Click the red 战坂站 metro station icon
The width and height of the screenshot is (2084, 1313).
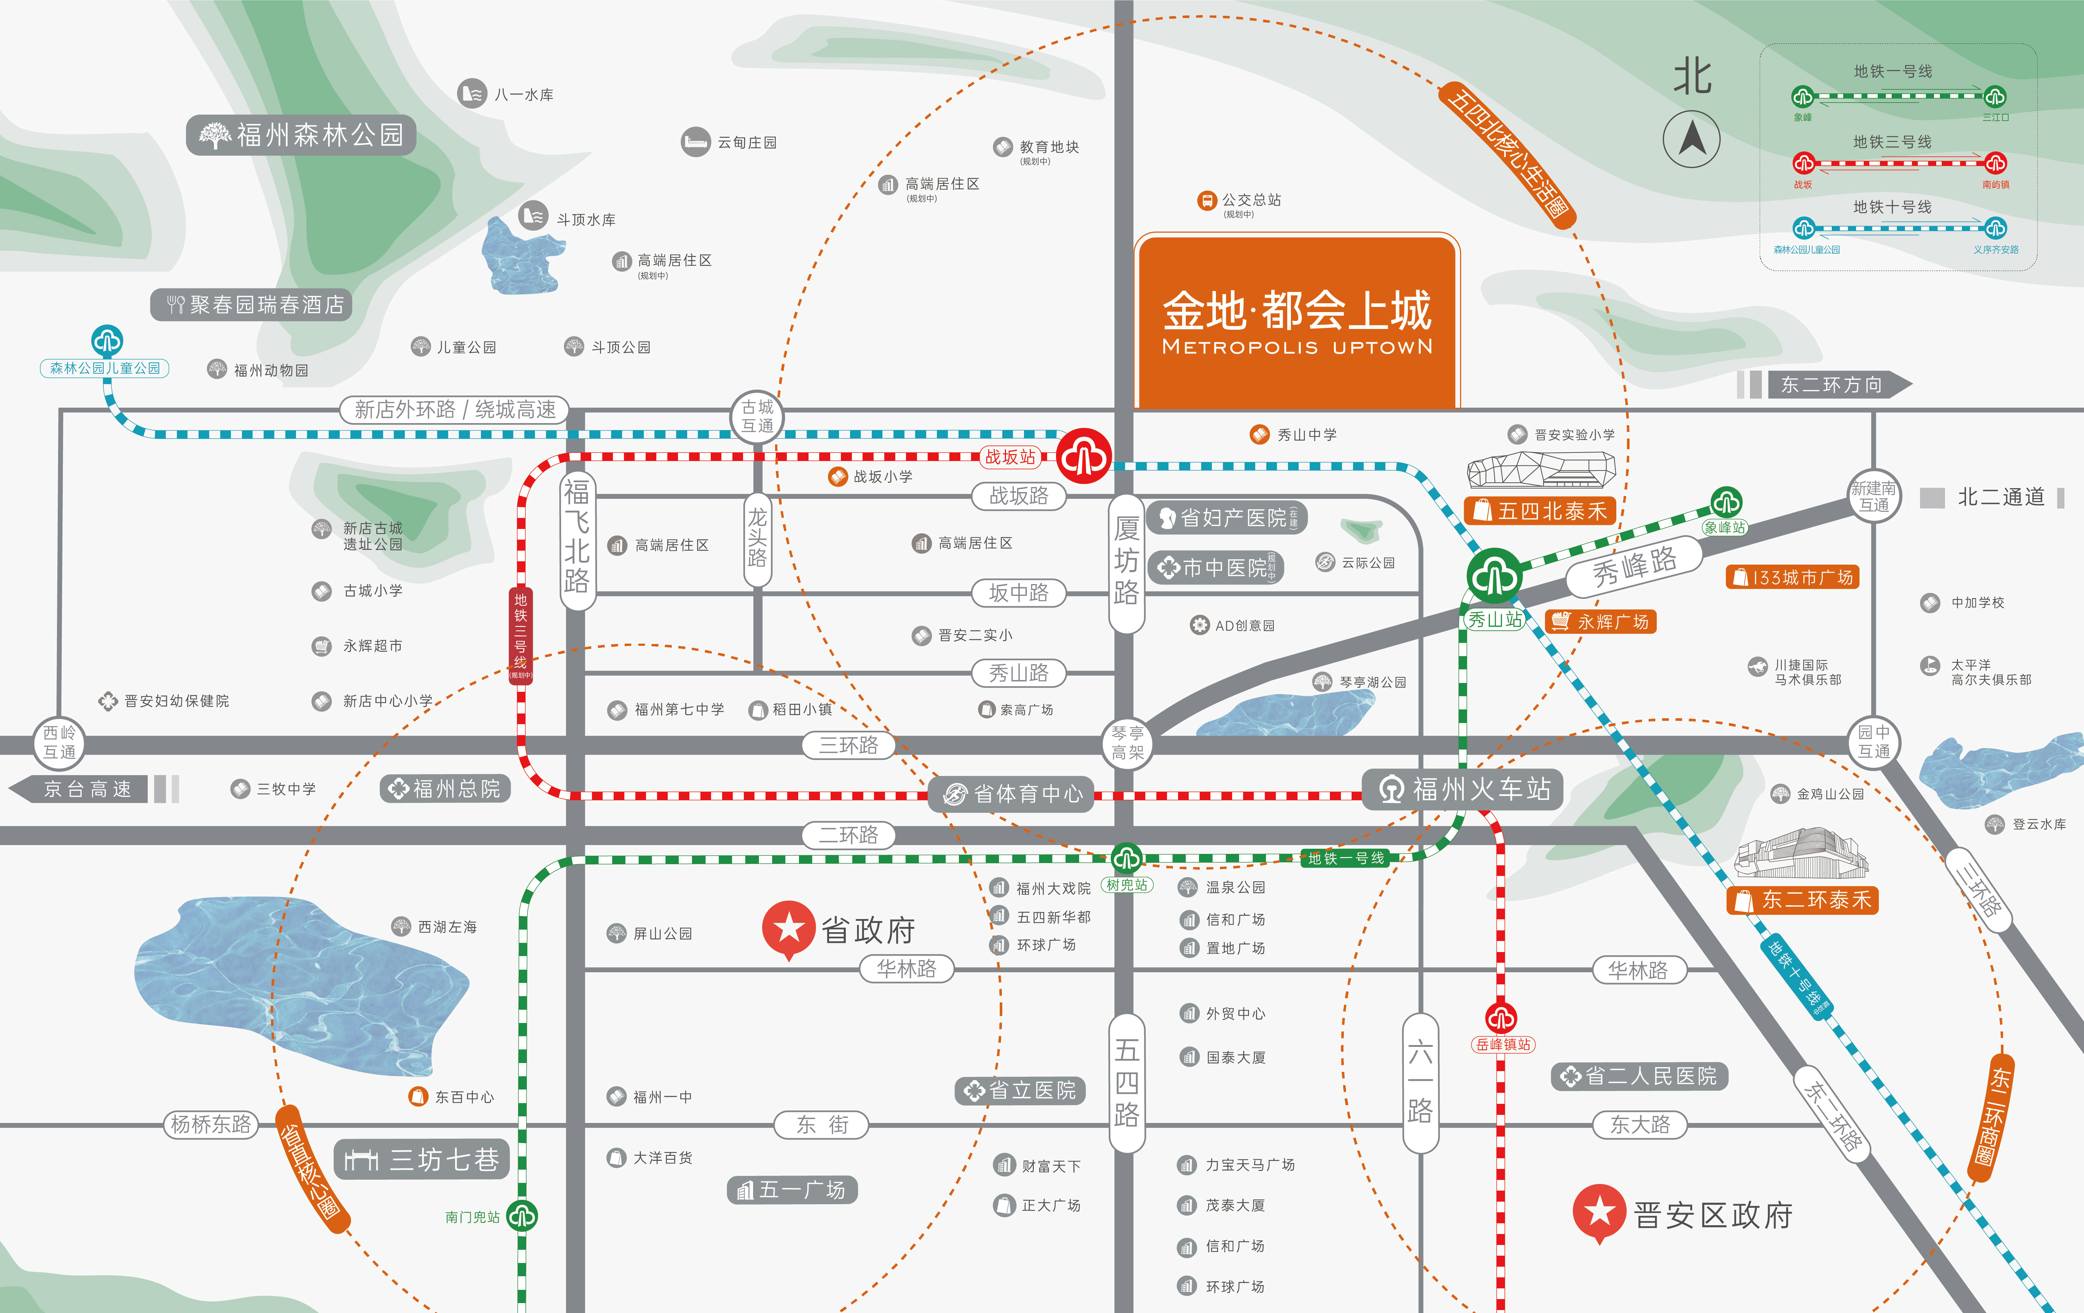1084,456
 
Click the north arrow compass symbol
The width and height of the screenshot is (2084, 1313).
1692,138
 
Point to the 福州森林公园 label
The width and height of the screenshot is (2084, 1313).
301,135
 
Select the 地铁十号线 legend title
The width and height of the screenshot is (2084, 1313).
1892,207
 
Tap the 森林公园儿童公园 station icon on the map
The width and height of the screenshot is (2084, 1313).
107,341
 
